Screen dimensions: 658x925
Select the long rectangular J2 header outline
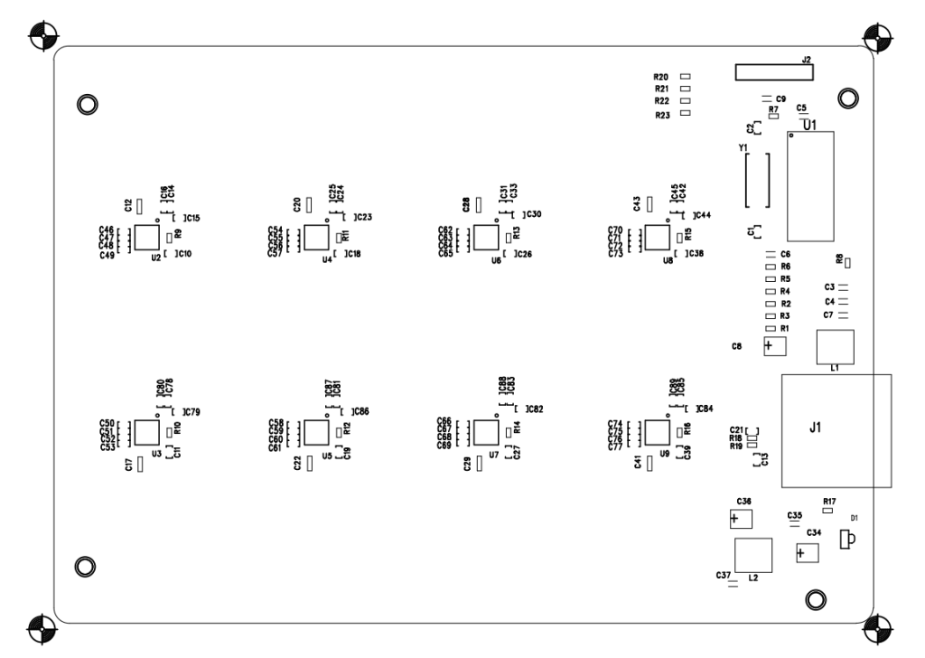[x=772, y=71]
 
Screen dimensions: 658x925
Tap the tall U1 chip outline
[x=810, y=185]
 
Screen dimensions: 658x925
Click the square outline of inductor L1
[x=835, y=346]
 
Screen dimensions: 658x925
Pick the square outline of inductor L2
[x=753, y=553]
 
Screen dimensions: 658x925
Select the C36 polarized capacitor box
[x=740, y=519]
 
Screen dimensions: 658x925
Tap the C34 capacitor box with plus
[x=807, y=553]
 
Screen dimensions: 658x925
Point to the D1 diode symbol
[x=847, y=540]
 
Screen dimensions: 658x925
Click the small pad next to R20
[x=686, y=78]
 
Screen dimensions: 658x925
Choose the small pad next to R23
[x=686, y=116]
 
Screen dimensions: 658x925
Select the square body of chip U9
[x=657, y=433]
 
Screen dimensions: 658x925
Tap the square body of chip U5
[x=315, y=433]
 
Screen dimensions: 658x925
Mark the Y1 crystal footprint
[x=756, y=179]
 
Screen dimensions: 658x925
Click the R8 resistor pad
[x=848, y=262]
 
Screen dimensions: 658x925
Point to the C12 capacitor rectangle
[x=140, y=204]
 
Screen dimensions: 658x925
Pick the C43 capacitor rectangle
[x=649, y=203]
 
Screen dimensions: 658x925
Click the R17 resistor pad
[x=827, y=510]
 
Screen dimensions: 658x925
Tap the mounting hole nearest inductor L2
[x=814, y=598]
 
